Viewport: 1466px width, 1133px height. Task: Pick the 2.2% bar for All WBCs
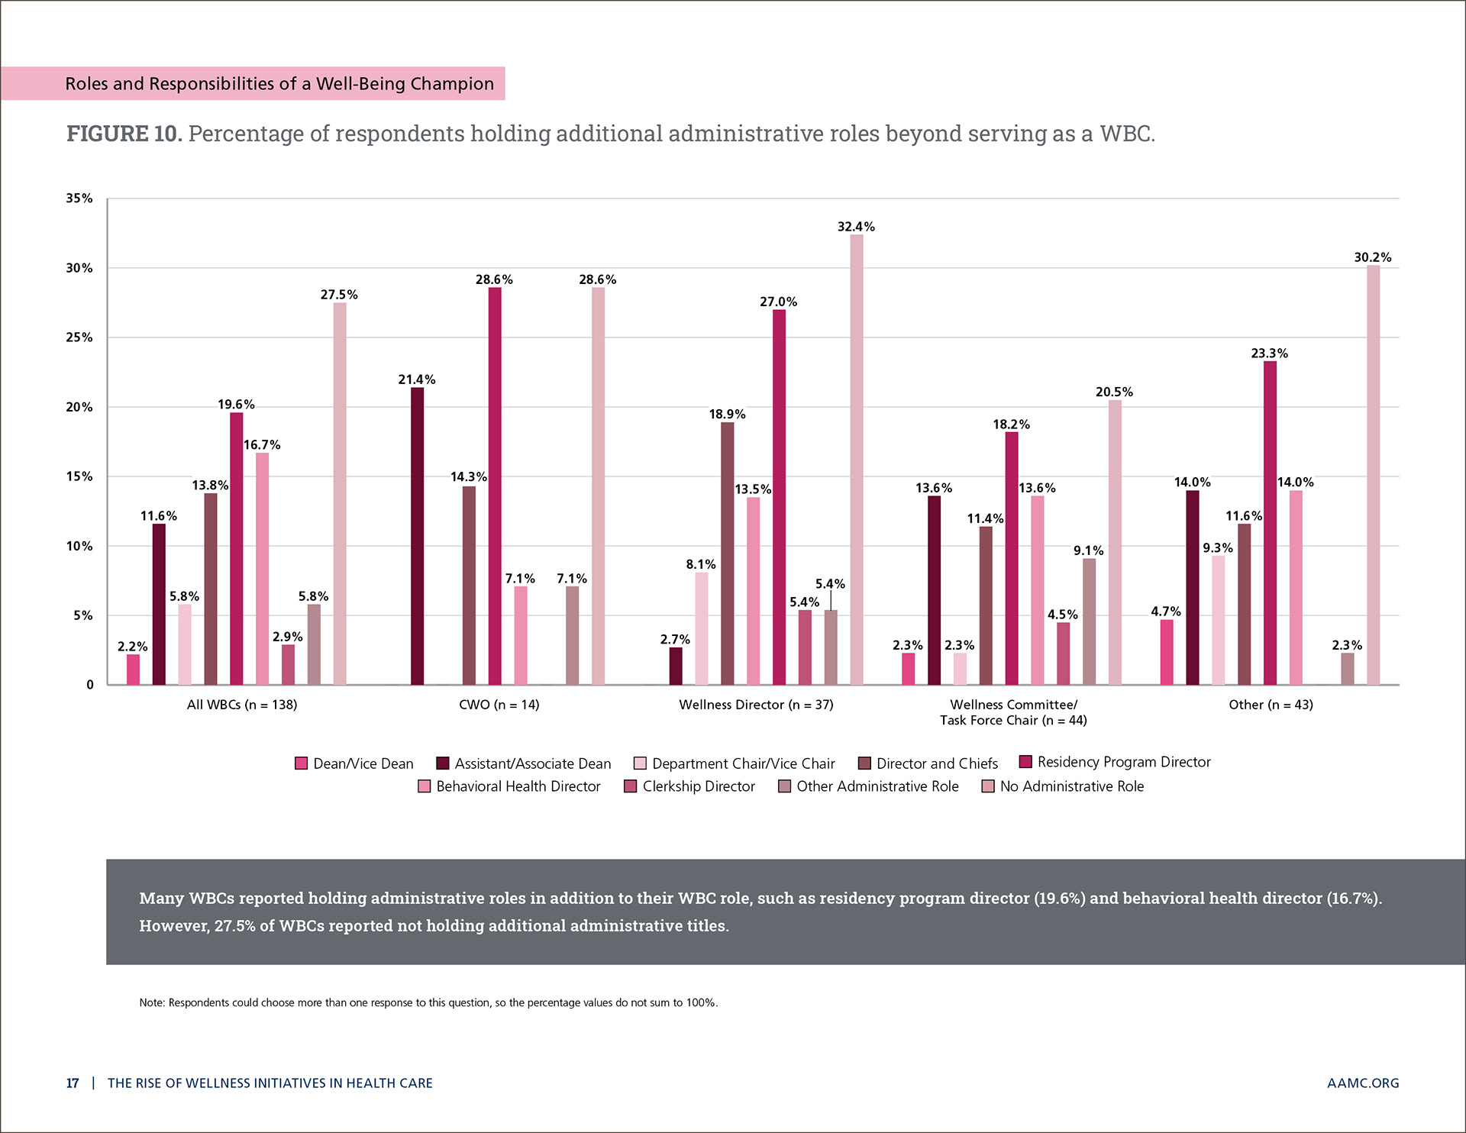point(133,670)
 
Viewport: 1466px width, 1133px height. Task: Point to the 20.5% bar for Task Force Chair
point(1115,542)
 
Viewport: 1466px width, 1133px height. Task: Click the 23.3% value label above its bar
point(1269,353)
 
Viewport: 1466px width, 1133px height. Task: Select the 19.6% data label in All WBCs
point(236,405)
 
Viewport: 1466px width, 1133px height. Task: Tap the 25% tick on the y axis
point(79,337)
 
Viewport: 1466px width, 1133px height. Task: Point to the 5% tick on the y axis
point(83,615)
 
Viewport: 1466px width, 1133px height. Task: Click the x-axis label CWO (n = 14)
point(499,705)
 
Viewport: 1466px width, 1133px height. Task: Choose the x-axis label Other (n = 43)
point(1271,705)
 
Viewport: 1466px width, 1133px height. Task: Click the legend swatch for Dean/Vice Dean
point(302,763)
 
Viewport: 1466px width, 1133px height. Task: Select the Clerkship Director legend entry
point(698,786)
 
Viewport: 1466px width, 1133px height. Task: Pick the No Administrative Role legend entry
point(1071,786)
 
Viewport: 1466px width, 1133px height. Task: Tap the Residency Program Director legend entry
point(1123,762)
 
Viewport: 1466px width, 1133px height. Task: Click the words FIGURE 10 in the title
point(124,134)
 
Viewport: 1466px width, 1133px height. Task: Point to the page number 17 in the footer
point(73,1083)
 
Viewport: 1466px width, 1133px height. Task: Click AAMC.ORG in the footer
point(1363,1083)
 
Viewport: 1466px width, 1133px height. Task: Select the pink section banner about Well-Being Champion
point(253,83)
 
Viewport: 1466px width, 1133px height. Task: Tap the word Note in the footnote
point(151,1002)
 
